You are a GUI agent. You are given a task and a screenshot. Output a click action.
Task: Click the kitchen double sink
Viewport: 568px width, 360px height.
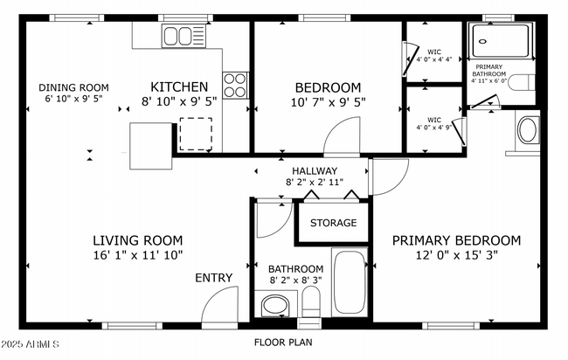pyautogui.click(x=184, y=36)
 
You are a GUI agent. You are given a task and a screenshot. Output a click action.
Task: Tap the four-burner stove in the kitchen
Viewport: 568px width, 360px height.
pyautogui.click(x=235, y=85)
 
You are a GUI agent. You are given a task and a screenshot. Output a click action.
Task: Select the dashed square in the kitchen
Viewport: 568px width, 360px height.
pyautogui.click(x=196, y=134)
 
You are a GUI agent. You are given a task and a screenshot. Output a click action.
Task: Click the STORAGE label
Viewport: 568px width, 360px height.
pyautogui.click(x=333, y=222)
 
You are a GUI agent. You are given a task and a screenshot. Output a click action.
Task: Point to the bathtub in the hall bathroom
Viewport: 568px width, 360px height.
pyautogui.click(x=350, y=282)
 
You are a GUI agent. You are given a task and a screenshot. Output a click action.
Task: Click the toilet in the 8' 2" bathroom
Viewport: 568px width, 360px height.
pyautogui.click(x=311, y=301)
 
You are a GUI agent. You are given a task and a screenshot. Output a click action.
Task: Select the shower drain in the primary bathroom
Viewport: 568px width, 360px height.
pyautogui.click(x=482, y=41)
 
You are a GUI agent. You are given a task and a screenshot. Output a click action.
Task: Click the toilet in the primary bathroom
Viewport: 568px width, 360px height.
pyautogui.click(x=522, y=83)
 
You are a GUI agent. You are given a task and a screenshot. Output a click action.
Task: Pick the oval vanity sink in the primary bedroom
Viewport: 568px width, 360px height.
pyautogui.click(x=528, y=129)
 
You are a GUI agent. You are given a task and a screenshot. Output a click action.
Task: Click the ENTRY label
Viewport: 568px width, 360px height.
pyautogui.click(x=214, y=278)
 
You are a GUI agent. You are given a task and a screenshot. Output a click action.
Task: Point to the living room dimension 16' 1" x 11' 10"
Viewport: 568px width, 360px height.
pyautogui.click(x=138, y=255)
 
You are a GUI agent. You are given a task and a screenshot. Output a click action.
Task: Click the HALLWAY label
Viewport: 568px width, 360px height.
pyautogui.click(x=315, y=170)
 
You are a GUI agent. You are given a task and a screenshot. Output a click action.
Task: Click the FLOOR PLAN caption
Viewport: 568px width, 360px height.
pyautogui.click(x=283, y=343)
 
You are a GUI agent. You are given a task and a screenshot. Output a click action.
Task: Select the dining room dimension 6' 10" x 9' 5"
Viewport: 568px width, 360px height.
pyautogui.click(x=74, y=99)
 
